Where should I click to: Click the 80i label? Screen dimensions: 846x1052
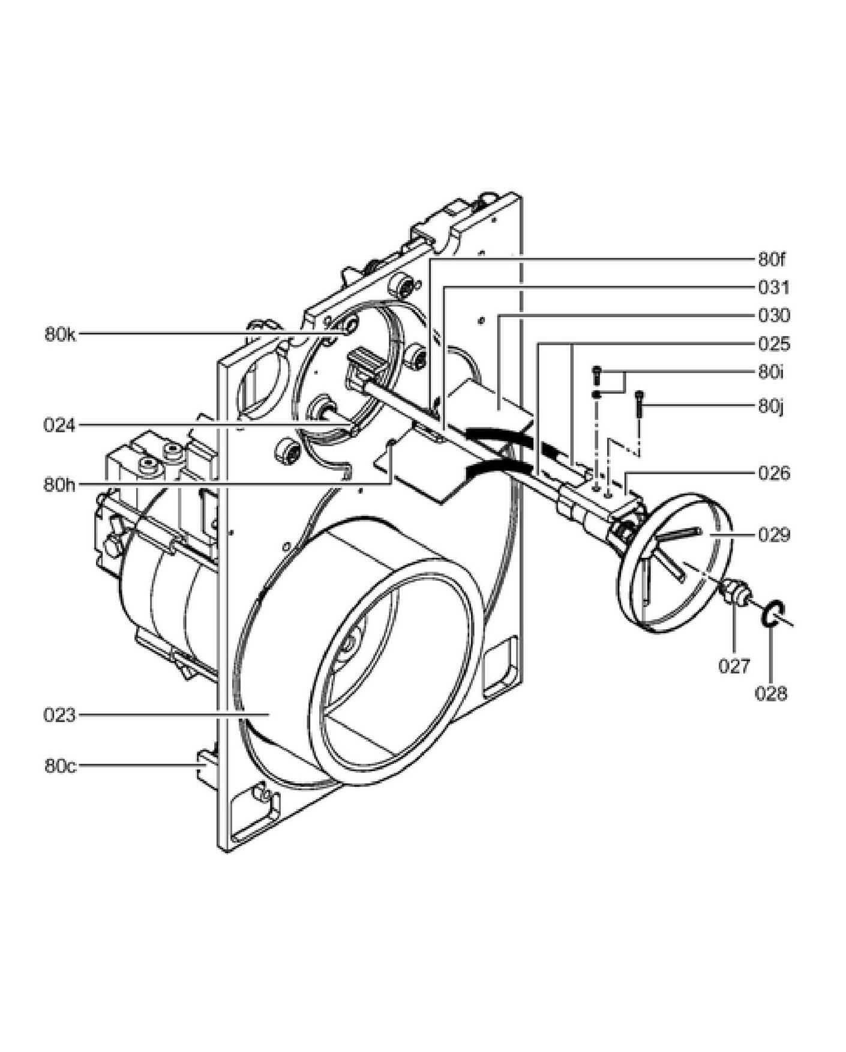coord(771,372)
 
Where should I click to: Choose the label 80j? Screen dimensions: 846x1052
coord(771,407)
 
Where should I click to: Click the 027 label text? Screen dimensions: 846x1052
coord(734,666)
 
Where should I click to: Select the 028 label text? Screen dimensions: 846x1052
coord(771,694)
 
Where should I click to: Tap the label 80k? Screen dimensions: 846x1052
coord(61,334)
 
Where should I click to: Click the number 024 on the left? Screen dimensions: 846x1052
coord(60,425)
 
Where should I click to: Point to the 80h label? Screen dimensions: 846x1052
coord(60,484)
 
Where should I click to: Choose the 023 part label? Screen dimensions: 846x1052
coord(60,715)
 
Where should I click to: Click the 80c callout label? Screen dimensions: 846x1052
coord(61,766)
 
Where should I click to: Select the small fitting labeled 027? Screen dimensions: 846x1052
coord(736,592)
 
